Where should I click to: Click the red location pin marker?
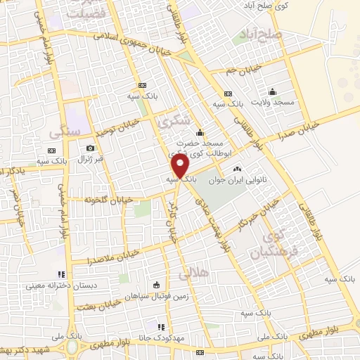[x=181, y=167]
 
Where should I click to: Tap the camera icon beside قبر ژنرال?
[x=91, y=148]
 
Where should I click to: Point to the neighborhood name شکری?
[x=175, y=121]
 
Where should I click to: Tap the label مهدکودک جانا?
[x=161, y=337]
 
